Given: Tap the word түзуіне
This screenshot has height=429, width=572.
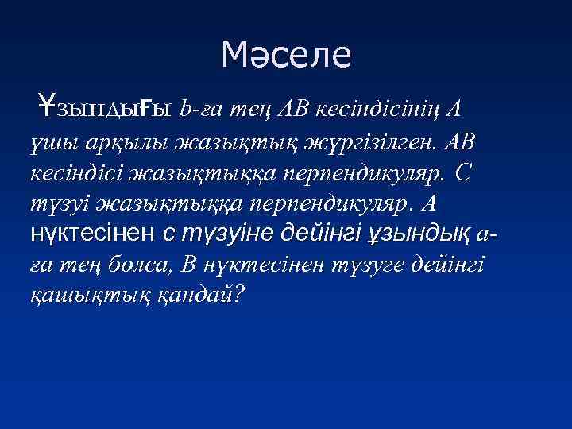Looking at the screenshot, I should pyautogui.click(x=222, y=235).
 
